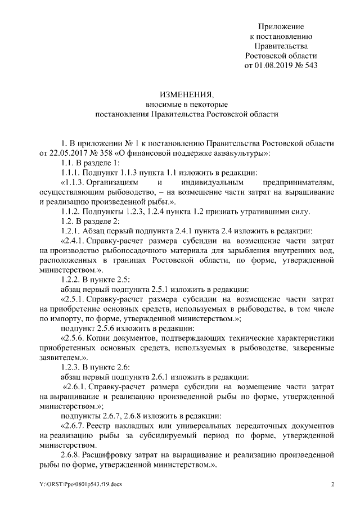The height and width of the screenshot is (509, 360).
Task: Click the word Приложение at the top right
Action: click(281, 26)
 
